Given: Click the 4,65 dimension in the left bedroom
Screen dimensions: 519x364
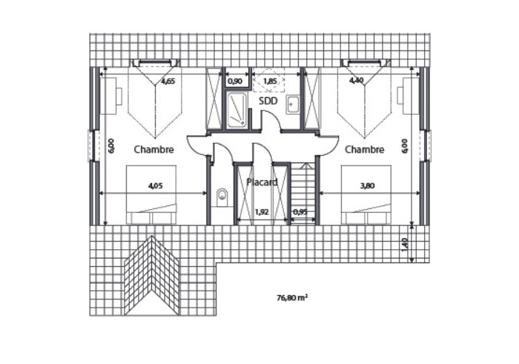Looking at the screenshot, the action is [168, 81].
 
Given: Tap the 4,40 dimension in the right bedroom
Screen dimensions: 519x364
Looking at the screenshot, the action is [356, 80].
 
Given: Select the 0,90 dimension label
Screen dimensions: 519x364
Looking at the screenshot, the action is [235, 81].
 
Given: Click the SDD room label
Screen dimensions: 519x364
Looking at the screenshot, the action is [268, 101].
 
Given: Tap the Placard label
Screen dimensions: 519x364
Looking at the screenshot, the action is [262, 182].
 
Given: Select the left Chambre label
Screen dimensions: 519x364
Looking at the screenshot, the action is [153, 150].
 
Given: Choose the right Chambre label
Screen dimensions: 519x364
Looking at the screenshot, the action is [365, 150].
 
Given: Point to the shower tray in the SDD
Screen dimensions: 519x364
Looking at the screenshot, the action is [237, 110].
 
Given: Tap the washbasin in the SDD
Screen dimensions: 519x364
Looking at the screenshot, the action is [293, 105].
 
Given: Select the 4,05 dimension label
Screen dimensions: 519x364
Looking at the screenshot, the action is [155, 185].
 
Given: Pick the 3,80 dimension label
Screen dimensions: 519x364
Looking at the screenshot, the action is [367, 185].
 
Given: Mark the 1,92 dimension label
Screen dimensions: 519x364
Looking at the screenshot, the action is [262, 212].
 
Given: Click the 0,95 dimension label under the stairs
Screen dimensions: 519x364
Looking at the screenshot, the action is [300, 212].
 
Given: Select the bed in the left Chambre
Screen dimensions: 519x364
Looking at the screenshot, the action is [151, 195].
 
